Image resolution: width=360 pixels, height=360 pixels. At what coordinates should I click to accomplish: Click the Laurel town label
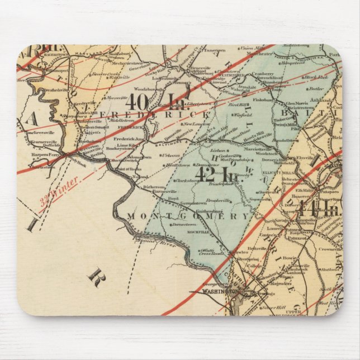click(274, 228)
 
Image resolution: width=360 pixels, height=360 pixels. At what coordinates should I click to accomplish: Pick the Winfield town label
click(243, 116)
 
